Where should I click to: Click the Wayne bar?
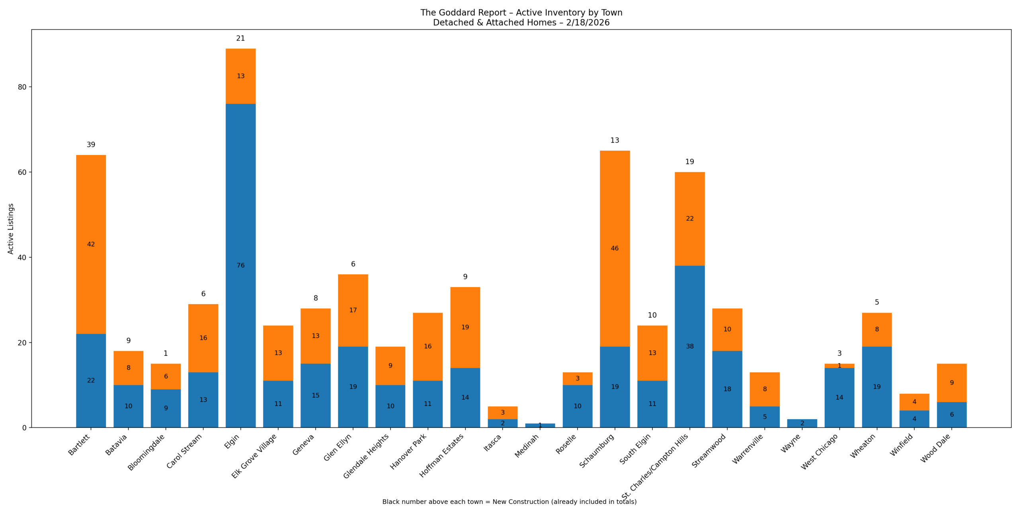point(802,423)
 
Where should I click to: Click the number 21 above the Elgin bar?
point(240,39)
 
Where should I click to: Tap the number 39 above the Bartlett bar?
point(91,145)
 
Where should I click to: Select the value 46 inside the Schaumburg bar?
point(615,249)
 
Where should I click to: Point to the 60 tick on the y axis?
point(22,172)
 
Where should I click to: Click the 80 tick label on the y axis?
point(22,87)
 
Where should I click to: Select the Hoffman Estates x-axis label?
point(442,455)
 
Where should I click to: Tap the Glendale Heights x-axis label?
point(366,456)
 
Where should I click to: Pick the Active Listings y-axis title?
point(11,229)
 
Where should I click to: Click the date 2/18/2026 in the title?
point(588,23)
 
